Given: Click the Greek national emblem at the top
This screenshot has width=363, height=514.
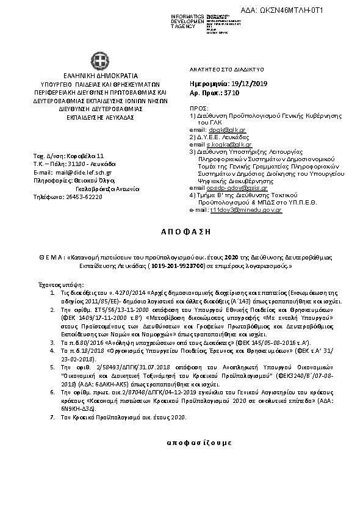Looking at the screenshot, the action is (x=98, y=60).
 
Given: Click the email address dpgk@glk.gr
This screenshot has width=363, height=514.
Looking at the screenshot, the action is (x=219, y=130).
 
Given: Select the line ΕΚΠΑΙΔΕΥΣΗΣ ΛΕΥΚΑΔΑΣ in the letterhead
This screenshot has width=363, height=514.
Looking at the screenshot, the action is (x=98, y=115).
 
